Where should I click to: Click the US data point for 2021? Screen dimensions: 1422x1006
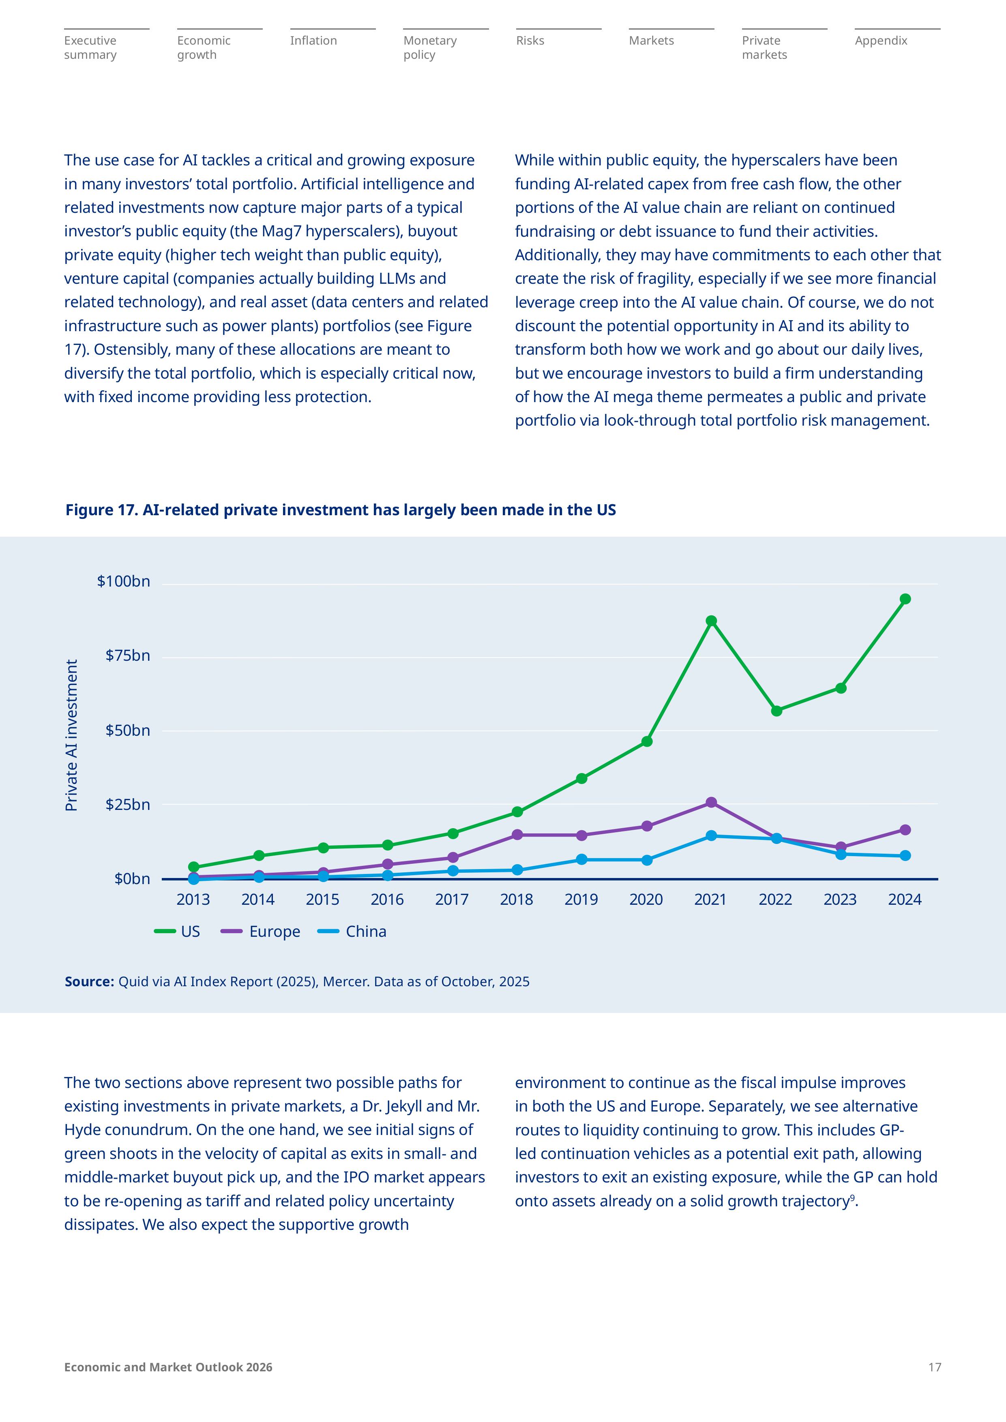coord(711,621)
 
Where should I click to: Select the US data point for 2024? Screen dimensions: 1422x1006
coord(905,599)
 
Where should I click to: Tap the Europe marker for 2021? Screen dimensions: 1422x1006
coord(711,803)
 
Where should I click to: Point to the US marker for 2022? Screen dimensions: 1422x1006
coord(776,711)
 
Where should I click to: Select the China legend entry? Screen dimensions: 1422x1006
coord(352,932)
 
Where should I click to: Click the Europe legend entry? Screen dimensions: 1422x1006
coord(261,932)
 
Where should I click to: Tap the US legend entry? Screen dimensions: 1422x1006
coord(177,932)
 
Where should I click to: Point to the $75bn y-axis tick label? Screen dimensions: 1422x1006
coord(128,656)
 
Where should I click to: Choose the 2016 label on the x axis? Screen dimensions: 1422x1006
coord(387,900)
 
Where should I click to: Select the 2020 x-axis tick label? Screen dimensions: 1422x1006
coord(646,900)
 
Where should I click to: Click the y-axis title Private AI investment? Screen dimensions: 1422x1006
coord(72,735)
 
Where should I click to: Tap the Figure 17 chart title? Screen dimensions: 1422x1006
coord(341,510)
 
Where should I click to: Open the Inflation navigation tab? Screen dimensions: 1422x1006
coord(313,41)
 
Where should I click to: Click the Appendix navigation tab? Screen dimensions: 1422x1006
coord(881,41)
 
